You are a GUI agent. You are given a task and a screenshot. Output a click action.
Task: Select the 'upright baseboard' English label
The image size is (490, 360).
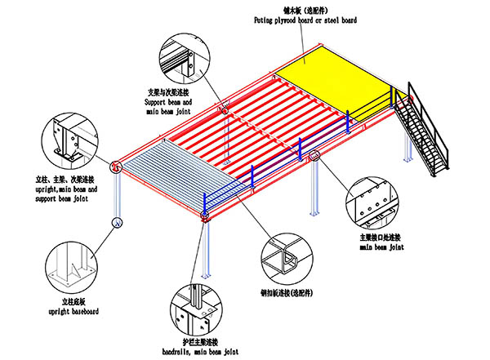click(x=73, y=311)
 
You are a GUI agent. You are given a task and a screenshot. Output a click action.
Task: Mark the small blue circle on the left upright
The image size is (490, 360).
click(x=118, y=222)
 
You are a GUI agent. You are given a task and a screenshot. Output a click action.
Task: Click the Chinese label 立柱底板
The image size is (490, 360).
click(x=73, y=301)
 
